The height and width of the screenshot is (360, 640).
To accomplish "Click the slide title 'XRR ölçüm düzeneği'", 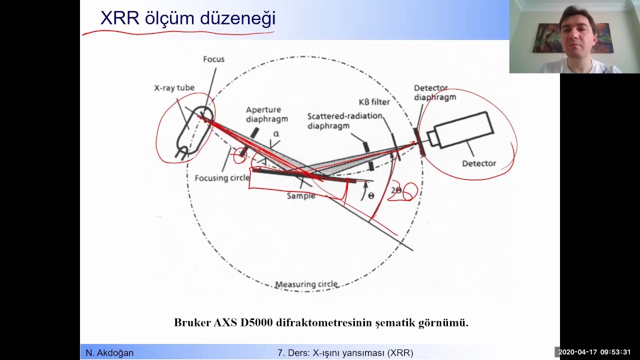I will pos(187,18).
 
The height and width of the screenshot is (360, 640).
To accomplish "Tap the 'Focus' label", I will pos(213,59).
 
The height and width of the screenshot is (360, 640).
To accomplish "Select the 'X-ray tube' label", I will pos(174,88).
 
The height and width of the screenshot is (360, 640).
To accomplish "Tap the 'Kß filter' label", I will pos(374,102).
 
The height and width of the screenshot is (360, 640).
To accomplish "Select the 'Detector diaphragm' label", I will pos(434,92).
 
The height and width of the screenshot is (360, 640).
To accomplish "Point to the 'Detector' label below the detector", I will pos(478,163).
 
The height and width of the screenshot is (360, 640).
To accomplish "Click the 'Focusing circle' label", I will pos(222,178).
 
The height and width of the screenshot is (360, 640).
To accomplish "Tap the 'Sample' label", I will pos(301,196).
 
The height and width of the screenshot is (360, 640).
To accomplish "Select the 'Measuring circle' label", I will pos(306,284).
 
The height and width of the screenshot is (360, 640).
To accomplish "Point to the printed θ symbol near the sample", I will pos(370,195).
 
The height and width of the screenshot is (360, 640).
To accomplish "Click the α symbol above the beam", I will pos(276,134).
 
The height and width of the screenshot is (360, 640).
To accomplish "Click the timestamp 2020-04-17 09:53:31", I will pos(594,352).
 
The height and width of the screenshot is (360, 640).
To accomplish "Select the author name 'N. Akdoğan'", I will pos(109,353).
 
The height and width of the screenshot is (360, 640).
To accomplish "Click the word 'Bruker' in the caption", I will pos(192,322).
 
